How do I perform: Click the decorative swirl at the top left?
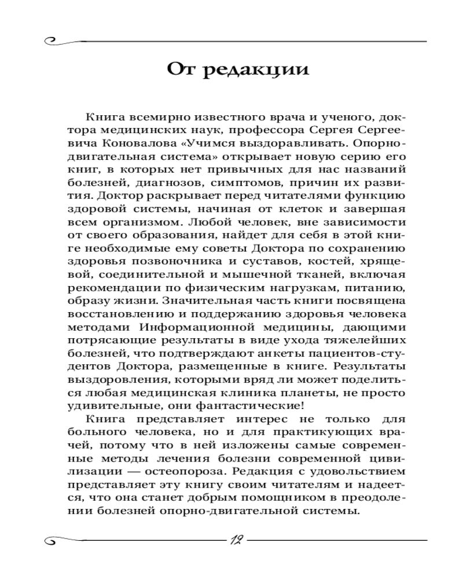[x=55, y=41]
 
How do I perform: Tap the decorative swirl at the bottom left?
[x=55, y=541]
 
